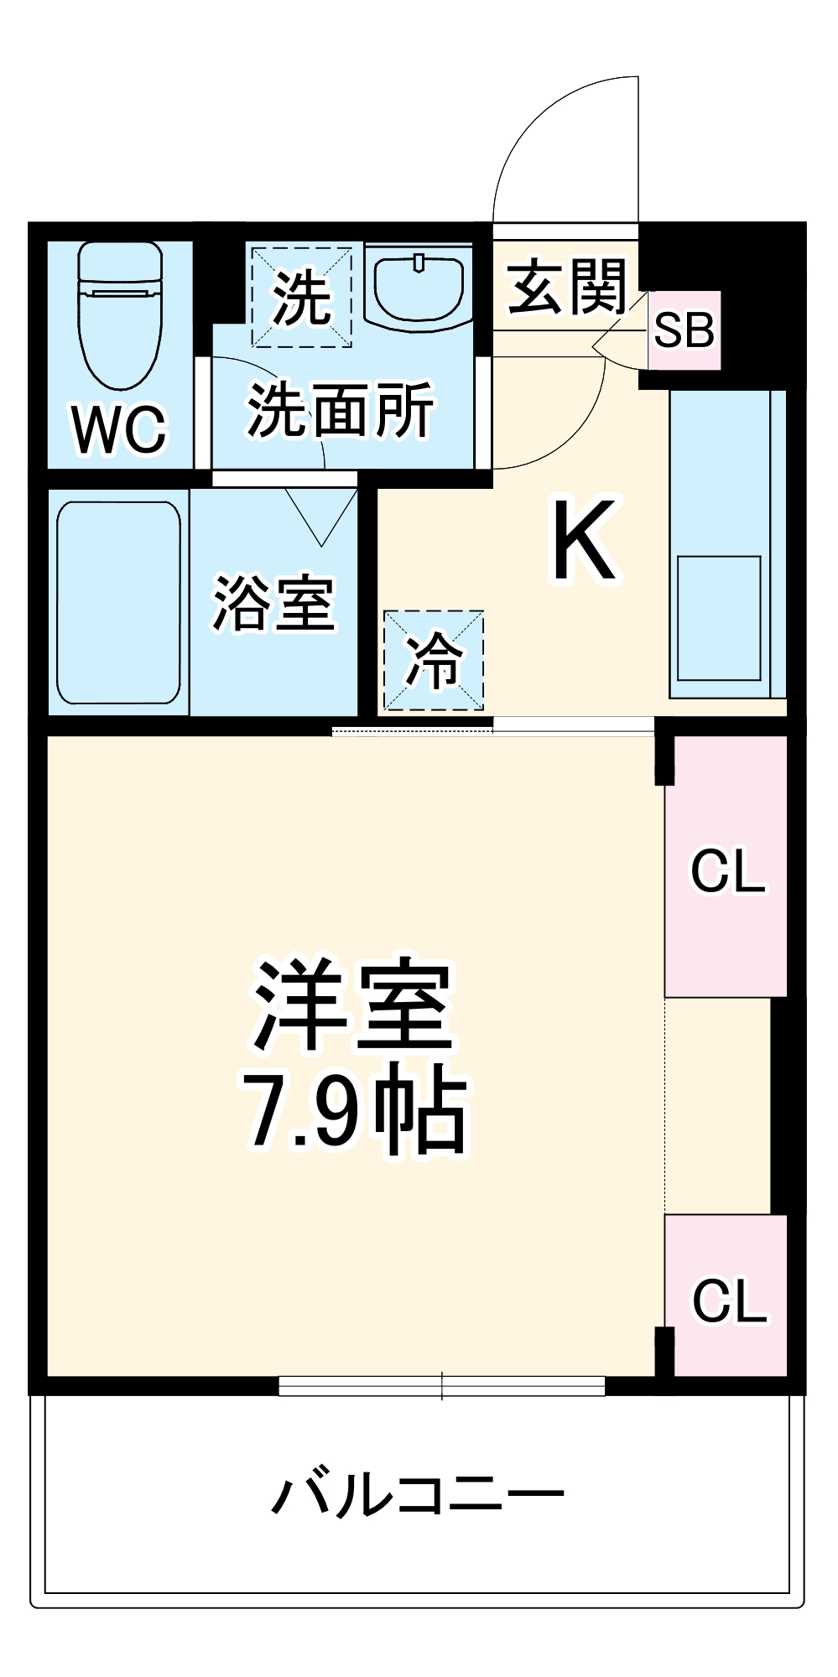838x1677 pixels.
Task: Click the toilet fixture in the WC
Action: point(120,314)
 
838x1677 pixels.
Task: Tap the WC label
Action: point(120,429)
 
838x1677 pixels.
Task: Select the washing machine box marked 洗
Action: point(301,296)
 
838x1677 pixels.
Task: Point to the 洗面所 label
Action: point(341,410)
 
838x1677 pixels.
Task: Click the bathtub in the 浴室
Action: point(118,602)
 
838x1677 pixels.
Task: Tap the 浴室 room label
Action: point(273,603)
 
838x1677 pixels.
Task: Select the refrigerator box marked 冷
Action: point(434,661)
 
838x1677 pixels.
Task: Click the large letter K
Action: point(585,539)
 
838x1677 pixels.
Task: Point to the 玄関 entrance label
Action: point(567,287)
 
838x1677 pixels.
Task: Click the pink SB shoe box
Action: point(684,330)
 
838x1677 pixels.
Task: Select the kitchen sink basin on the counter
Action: point(719,618)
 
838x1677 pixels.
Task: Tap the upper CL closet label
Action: point(727,871)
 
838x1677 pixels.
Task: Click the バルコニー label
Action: point(418,1494)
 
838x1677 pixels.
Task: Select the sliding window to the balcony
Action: point(442,1386)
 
